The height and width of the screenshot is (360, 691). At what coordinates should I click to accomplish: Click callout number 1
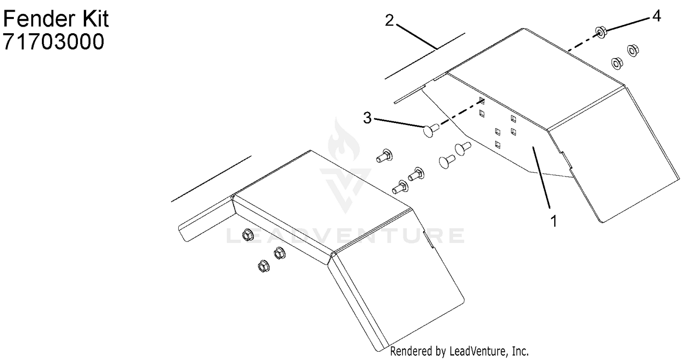[x=554, y=221]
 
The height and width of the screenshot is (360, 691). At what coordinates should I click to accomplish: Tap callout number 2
[x=389, y=20]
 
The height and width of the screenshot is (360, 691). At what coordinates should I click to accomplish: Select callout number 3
[x=367, y=118]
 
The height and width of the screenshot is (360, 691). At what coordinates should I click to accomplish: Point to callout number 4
[x=656, y=16]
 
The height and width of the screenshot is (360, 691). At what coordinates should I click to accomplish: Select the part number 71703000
[x=53, y=41]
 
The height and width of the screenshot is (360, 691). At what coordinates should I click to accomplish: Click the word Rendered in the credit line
[x=411, y=351]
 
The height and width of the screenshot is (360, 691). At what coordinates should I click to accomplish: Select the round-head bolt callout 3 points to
[x=431, y=130]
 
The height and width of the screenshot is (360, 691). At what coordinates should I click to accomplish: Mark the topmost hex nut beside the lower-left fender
[x=246, y=235]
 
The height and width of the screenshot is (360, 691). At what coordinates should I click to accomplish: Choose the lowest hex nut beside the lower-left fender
[x=264, y=266]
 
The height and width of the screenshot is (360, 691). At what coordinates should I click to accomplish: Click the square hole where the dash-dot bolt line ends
[x=481, y=100]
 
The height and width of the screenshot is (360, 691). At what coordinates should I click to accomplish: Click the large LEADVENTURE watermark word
[x=345, y=236]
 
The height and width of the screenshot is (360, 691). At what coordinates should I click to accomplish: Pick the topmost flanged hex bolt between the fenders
[x=384, y=156]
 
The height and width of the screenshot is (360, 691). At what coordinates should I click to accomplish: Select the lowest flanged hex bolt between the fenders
[x=400, y=187]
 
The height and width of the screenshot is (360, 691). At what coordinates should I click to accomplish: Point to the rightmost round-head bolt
[x=463, y=148]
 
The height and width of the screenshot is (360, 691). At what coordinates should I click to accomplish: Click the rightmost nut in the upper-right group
[x=632, y=50]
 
